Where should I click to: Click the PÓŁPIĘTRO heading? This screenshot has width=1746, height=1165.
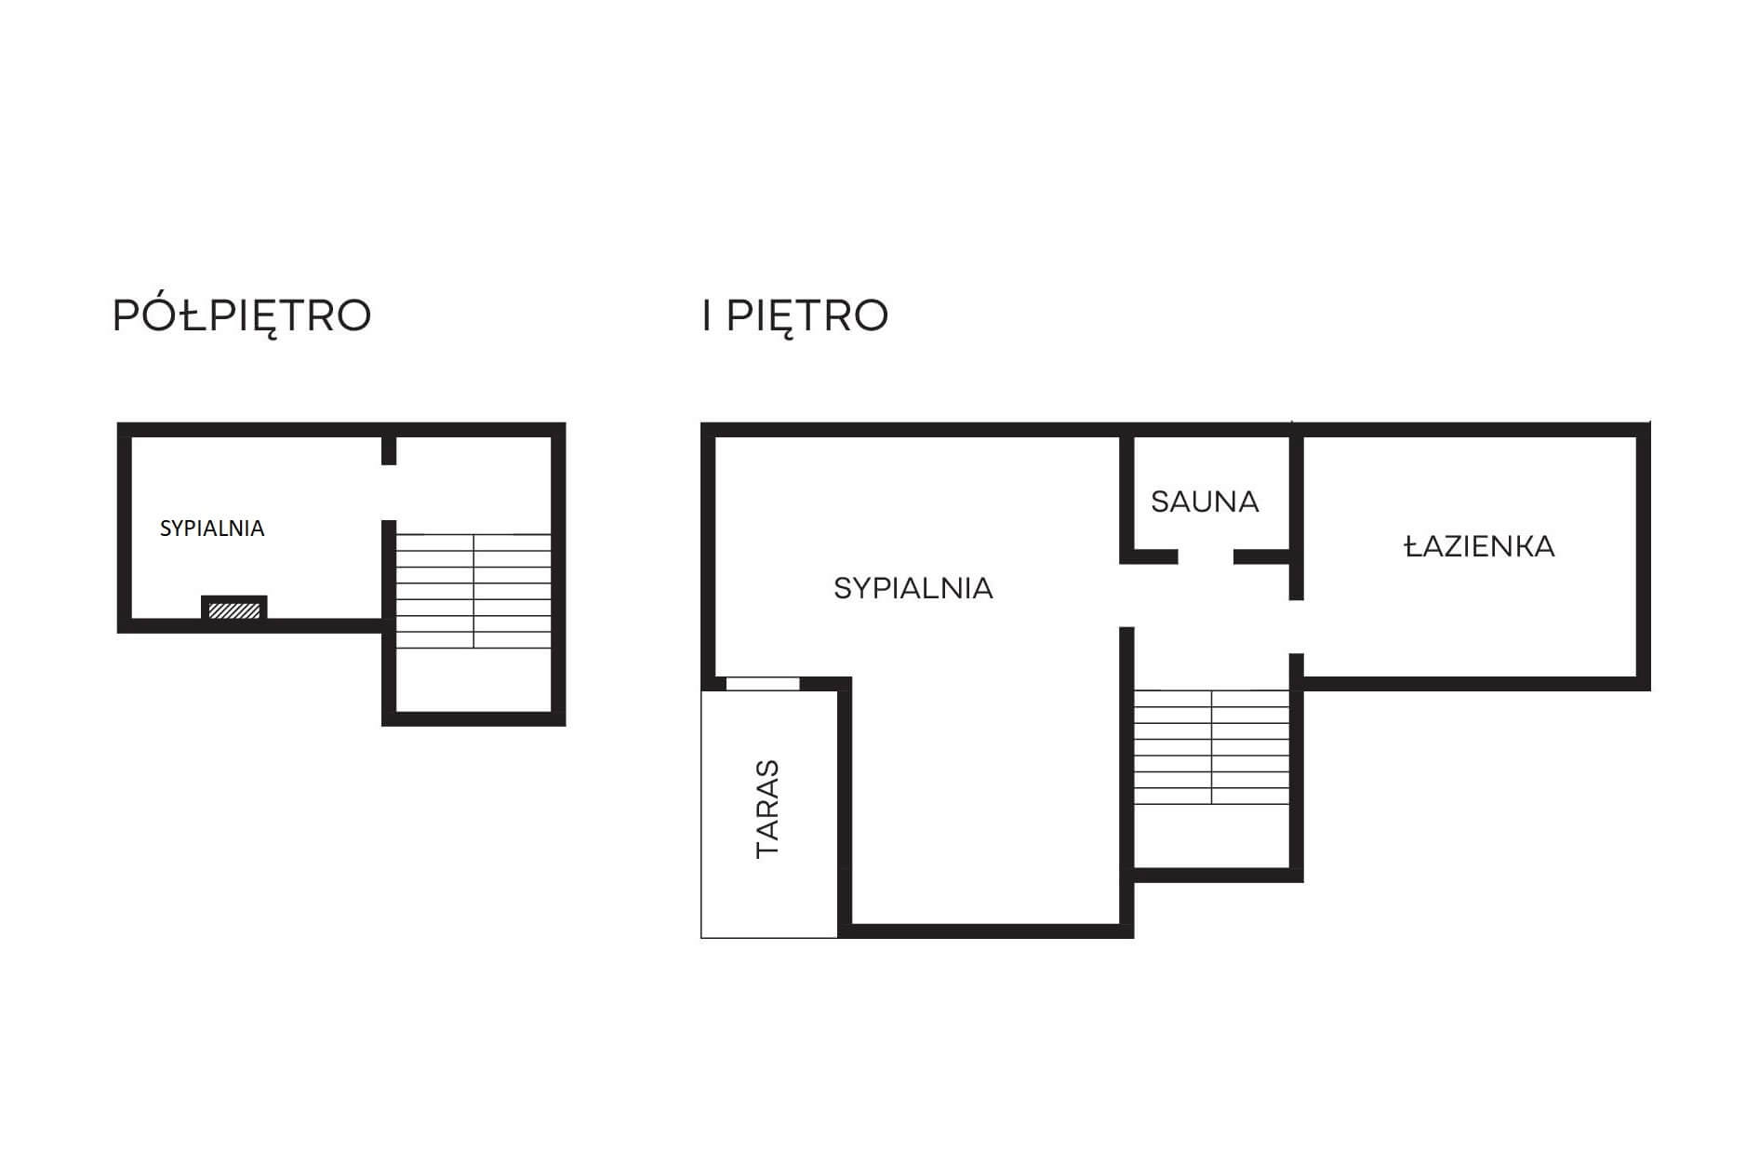(x=242, y=316)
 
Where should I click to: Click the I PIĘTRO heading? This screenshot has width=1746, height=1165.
(x=795, y=315)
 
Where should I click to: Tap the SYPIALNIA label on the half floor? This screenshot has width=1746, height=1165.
(x=212, y=529)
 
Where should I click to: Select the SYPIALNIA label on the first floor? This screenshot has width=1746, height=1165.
(x=913, y=588)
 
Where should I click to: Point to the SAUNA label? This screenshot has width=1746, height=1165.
(x=1205, y=502)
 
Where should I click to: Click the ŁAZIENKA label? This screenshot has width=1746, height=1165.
(x=1479, y=546)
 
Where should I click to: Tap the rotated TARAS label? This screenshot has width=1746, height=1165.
(x=768, y=809)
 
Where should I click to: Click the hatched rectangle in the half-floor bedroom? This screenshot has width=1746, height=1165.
(x=234, y=610)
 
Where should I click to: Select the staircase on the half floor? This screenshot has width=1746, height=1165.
(x=473, y=591)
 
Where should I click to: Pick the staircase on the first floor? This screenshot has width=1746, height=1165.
(x=1211, y=746)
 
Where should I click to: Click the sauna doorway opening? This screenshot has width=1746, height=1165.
(x=1206, y=557)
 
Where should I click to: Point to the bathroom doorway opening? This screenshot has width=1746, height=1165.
(x=1296, y=627)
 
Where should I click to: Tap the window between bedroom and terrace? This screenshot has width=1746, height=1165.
(x=763, y=684)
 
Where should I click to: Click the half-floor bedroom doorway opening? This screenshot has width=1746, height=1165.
(x=389, y=492)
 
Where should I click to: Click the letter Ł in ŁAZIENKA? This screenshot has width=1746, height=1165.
(x=1412, y=546)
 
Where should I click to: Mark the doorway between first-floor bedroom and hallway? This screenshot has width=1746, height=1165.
(x=1126, y=596)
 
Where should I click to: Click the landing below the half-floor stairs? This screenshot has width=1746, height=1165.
(x=473, y=680)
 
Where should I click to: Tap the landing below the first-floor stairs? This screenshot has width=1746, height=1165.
(x=1211, y=836)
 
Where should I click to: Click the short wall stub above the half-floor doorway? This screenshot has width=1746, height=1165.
(x=389, y=450)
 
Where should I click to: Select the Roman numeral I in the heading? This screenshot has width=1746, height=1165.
(x=707, y=316)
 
